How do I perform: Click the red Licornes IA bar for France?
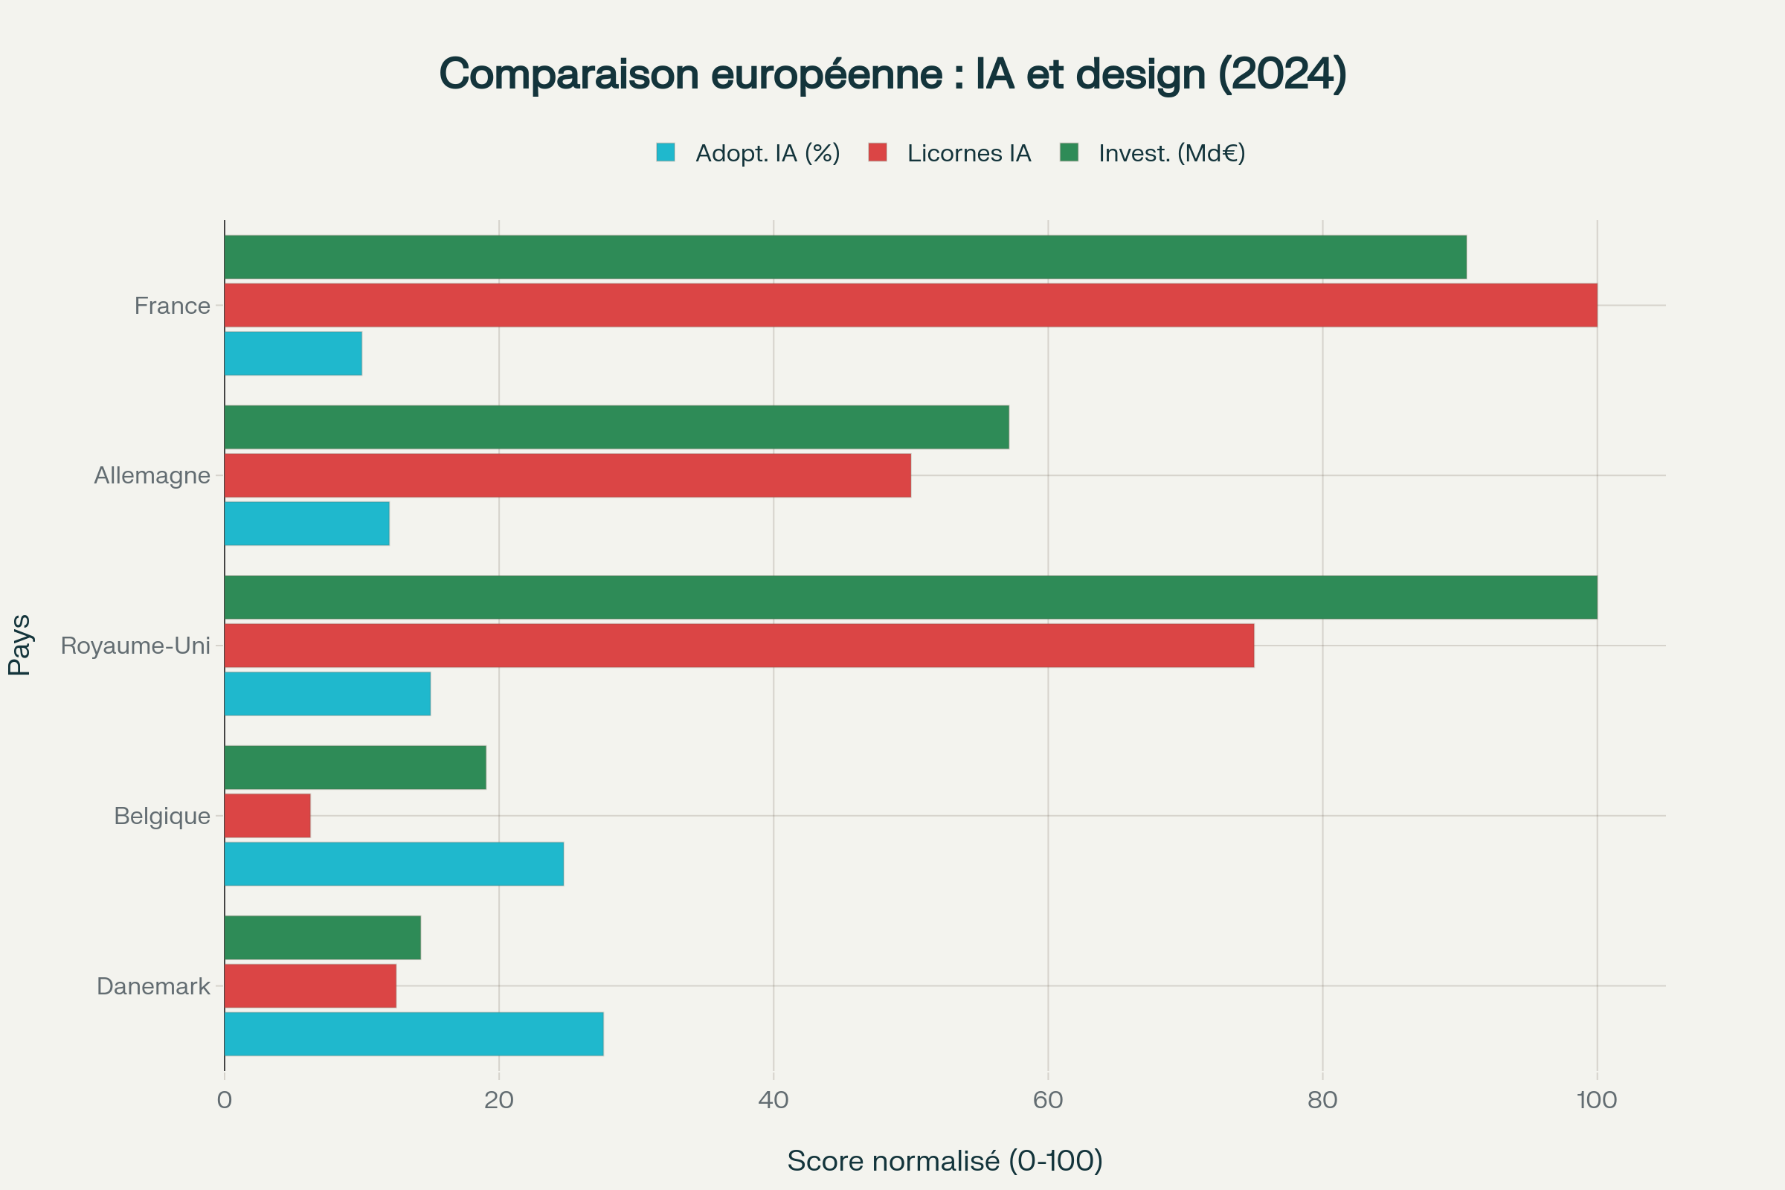click(x=910, y=305)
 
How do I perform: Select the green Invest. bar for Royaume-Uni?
click(x=910, y=597)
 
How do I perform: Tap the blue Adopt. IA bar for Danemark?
click(x=414, y=1034)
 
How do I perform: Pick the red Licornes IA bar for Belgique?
click(x=267, y=816)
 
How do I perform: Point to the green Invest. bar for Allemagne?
click(x=617, y=427)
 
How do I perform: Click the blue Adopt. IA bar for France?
click(x=293, y=354)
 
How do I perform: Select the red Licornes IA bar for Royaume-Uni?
click(x=739, y=646)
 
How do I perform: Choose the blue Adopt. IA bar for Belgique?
click(x=394, y=863)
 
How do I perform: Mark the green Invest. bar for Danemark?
click(x=323, y=937)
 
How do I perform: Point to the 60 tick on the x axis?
click(x=1047, y=1100)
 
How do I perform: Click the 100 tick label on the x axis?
click(x=1597, y=1100)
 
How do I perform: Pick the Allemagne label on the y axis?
click(x=152, y=476)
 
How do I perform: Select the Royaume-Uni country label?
click(x=135, y=646)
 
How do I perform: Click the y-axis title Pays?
click(x=20, y=645)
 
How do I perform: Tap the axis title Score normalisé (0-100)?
click(x=945, y=1160)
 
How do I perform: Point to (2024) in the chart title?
click(x=1282, y=74)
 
